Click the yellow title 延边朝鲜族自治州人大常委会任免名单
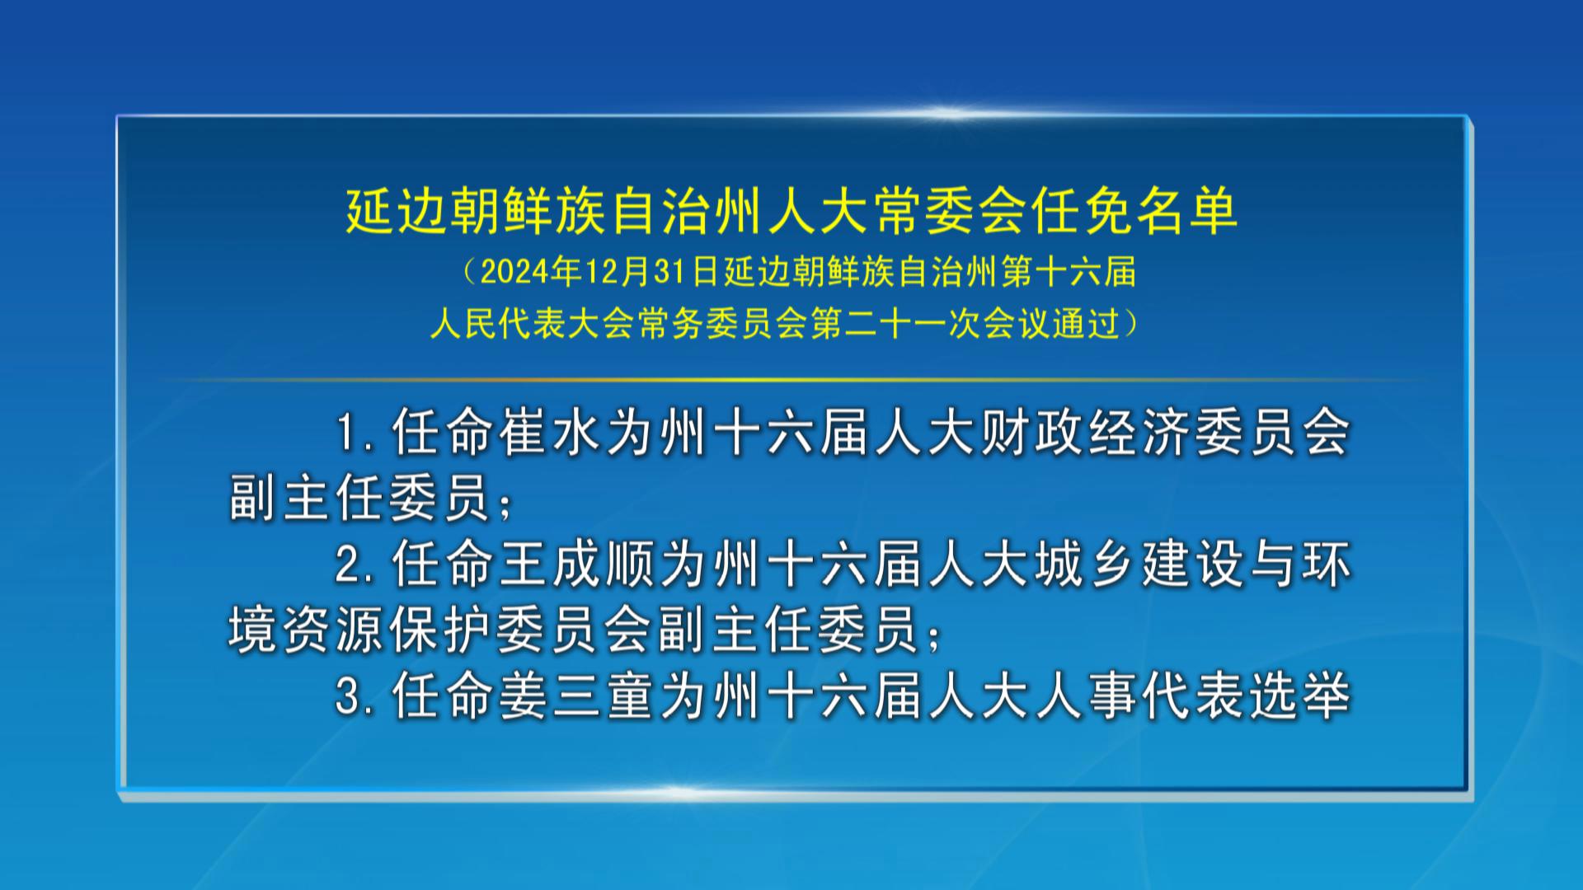tap(791, 211)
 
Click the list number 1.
tap(349, 433)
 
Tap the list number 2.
tap(347, 565)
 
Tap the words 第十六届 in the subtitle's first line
tap(1069, 272)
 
